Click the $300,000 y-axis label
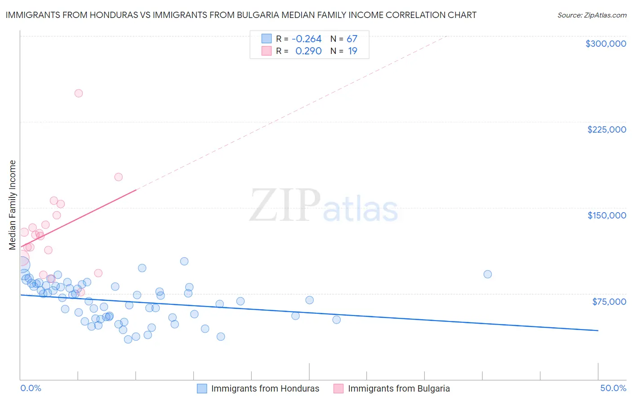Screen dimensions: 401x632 tap(605, 44)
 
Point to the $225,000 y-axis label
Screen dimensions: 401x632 tap(606, 129)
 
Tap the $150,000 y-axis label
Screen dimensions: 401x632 tap(606, 215)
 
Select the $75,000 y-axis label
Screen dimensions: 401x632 tap(609, 302)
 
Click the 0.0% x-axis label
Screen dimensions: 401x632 tap(31, 388)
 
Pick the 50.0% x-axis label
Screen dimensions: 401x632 tap(613, 388)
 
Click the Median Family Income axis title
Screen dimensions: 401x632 tap(13, 205)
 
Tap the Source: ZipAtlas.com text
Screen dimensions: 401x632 tap(592, 15)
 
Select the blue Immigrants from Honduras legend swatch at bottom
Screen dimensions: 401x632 tap(202, 388)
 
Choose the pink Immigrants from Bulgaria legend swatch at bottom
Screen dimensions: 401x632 tap(338, 388)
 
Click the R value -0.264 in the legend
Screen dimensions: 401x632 tap(307, 39)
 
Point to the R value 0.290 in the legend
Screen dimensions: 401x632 tap(308, 51)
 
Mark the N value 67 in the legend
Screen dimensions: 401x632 tap(352, 39)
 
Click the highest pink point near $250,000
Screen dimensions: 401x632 tap(78, 94)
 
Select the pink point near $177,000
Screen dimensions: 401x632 tap(118, 177)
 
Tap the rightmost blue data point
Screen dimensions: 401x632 tap(487, 274)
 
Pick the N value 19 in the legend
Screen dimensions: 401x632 tap(352, 51)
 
